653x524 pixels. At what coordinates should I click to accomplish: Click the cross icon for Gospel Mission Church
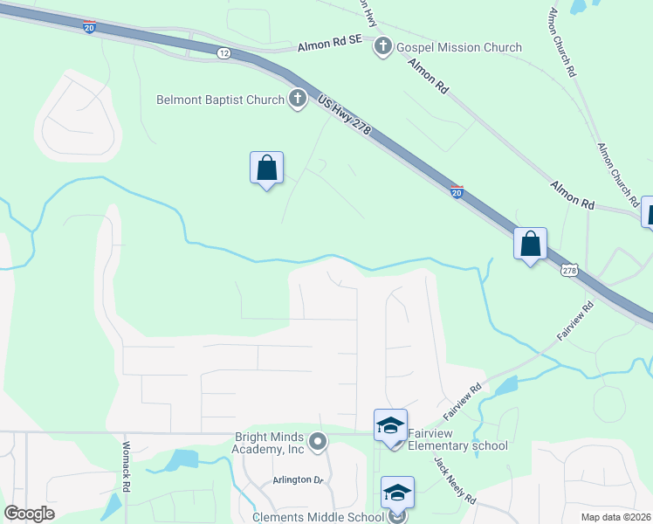(x=382, y=46)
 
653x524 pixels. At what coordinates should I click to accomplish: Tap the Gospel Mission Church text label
(x=459, y=47)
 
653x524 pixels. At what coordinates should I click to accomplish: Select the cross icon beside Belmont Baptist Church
(x=297, y=99)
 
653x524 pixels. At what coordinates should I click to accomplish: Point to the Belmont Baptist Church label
(x=220, y=100)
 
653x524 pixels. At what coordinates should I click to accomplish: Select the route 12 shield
(x=223, y=53)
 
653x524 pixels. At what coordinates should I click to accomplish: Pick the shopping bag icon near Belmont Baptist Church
(x=267, y=168)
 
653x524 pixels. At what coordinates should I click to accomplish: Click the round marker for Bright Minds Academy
(x=318, y=443)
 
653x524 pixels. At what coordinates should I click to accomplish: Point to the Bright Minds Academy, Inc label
(x=269, y=443)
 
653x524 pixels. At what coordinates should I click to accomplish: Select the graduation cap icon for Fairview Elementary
(x=390, y=425)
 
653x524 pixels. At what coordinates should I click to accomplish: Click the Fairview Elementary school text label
(x=457, y=439)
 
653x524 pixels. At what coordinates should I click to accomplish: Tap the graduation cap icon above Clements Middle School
(x=397, y=492)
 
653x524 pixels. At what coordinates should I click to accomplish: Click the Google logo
(x=30, y=513)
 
